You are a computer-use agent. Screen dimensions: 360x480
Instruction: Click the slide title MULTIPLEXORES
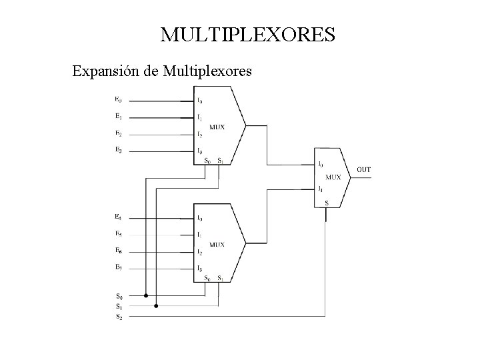coord(247,35)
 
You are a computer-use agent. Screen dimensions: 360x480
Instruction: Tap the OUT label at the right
coord(364,170)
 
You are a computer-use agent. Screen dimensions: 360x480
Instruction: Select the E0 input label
coord(118,100)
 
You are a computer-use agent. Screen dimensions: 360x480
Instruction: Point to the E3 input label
coord(118,149)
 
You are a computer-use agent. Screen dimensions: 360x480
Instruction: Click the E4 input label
coord(118,217)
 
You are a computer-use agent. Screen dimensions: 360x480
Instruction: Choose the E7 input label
coord(118,267)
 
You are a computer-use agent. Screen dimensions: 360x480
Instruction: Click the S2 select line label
coord(118,316)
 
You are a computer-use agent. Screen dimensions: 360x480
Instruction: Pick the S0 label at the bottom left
coord(118,295)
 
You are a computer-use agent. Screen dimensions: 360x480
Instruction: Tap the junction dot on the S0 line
coord(146,295)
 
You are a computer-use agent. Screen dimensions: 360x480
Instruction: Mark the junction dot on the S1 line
coord(156,306)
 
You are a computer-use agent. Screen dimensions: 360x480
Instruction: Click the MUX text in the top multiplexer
coord(217,127)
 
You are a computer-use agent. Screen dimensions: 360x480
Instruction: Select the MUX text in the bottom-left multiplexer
coord(217,245)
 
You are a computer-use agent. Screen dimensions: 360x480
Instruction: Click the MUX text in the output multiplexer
coord(333,177)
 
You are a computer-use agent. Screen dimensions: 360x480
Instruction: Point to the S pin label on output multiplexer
coord(326,203)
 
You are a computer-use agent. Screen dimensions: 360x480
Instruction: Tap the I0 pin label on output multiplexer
coord(321,164)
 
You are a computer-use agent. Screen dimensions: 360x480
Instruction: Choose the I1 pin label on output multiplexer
coord(321,189)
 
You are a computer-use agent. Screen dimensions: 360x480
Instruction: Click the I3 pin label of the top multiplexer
coord(199,151)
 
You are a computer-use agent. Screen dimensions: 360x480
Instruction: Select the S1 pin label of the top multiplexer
coord(220,161)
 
